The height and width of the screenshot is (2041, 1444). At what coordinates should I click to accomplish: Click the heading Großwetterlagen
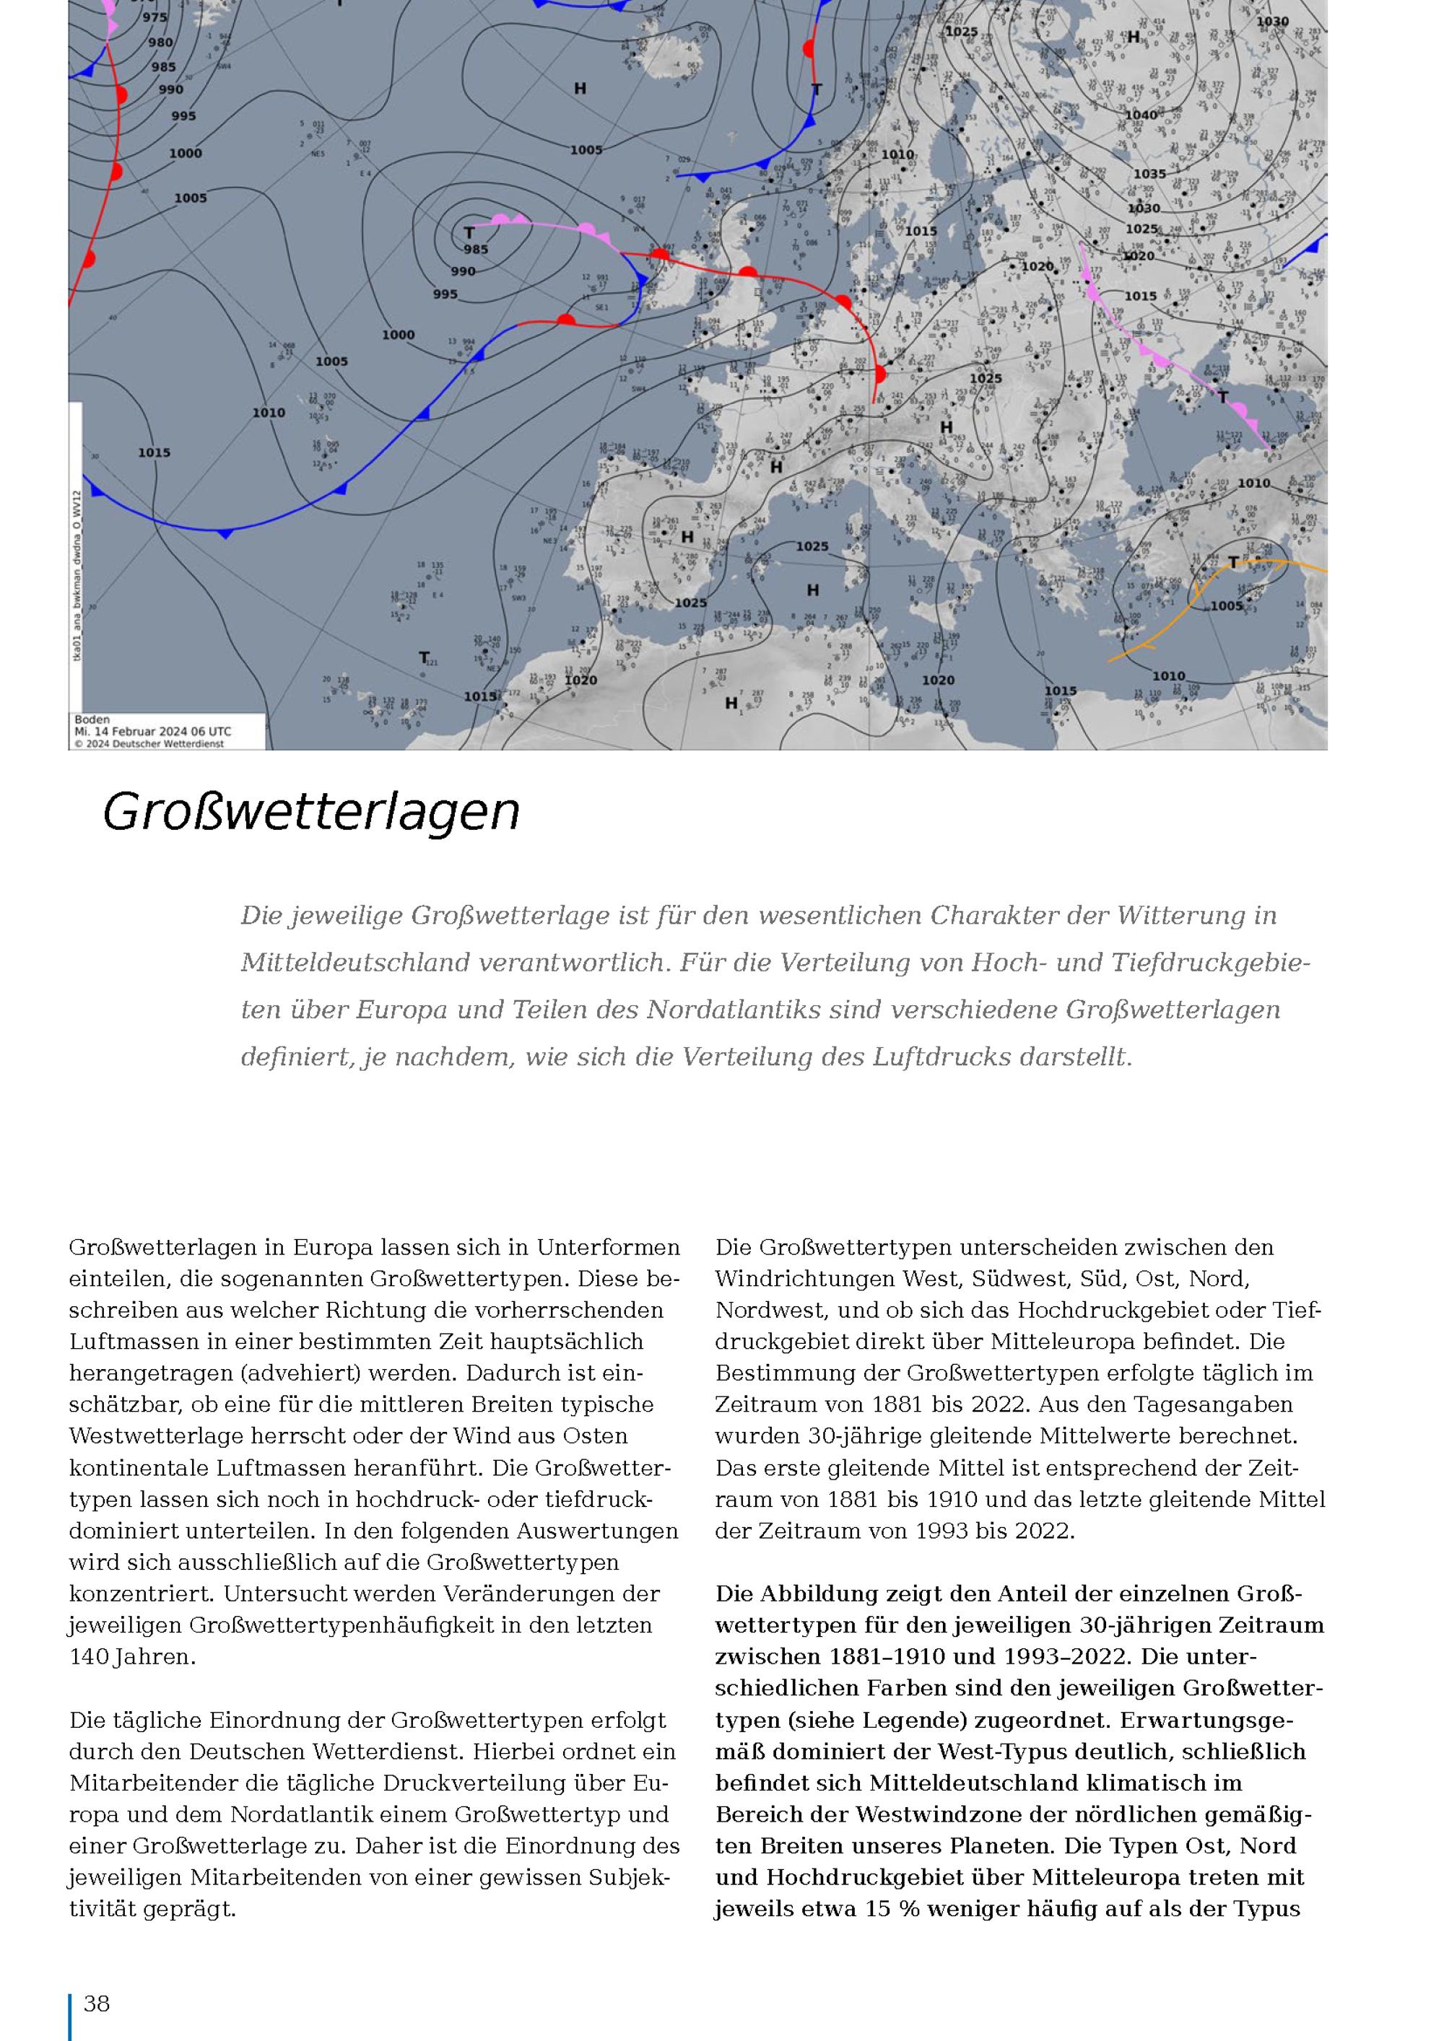(310, 812)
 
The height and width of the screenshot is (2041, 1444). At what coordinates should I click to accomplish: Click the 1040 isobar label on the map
(1141, 115)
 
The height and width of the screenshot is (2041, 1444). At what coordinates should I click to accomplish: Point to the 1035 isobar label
(1149, 174)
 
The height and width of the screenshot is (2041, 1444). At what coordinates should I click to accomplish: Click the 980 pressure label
(161, 43)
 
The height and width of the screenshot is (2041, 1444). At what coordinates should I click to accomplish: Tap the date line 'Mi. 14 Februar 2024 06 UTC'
(153, 732)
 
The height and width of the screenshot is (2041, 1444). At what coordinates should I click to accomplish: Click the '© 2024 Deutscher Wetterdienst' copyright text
(149, 744)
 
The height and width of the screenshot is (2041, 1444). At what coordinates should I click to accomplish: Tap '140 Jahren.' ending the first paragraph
(132, 1657)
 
